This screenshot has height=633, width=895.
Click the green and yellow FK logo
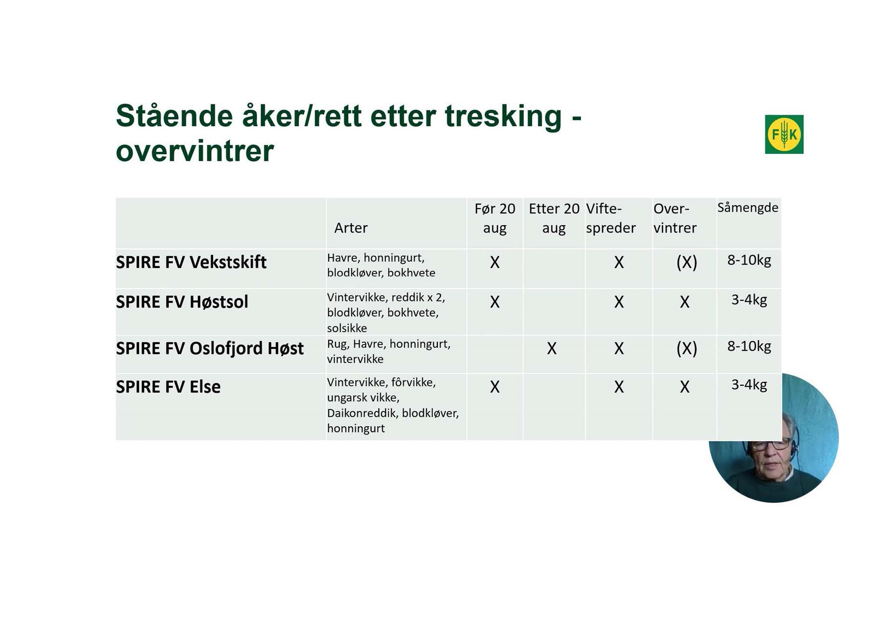click(x=784, y=134)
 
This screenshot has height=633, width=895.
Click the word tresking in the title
click(x=503, y=117)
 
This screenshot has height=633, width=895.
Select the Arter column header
click(x=351, y=228)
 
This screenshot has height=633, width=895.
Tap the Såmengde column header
click(x=748, y=208)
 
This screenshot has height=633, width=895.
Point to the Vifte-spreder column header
click(x=611, y=218)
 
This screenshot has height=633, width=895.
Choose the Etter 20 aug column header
click(x=554, y=218)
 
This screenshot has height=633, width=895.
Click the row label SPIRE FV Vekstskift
click(x=191, y=262)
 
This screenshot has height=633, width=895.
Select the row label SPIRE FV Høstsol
click(x=182, y=302)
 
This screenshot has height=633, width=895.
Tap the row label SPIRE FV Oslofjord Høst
click(x=210, y=349)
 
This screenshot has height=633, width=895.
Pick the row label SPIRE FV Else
click(x=168, y=387)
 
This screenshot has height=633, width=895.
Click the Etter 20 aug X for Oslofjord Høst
click(x=552, y=349)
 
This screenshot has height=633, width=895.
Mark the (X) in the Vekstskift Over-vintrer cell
click(x=687, y=262)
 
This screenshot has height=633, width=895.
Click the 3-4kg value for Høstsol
click(x=749, y=300)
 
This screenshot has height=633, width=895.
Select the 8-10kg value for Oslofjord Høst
click(x=749, y=347)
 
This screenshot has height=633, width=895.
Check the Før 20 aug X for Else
click(x=495, y=387)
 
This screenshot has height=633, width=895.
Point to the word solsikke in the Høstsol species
click(x=347, y=328)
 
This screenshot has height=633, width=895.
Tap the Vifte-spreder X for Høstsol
click(x=619, y=302)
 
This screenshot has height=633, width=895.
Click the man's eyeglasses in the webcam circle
click(x=771, y=445)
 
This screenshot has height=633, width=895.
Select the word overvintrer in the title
click(x=194, y=151)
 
